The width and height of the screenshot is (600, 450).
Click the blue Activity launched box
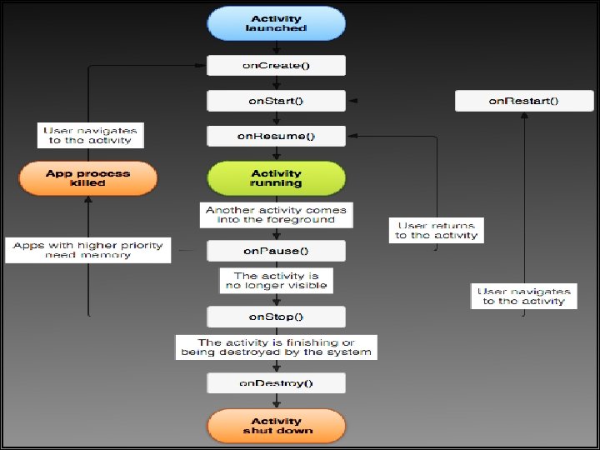point(276,23)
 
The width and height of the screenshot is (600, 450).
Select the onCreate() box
point(276,66)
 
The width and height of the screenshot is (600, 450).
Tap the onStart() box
point(276,101)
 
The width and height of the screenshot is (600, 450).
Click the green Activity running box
point(276,178)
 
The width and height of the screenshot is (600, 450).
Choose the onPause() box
point(276,250)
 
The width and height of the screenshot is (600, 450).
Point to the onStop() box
point(276,317)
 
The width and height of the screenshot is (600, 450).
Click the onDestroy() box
point(276,382)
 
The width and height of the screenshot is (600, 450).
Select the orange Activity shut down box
point(276,426)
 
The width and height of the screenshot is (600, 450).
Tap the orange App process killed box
point(87,178)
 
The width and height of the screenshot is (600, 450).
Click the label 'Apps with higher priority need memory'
point(88,250)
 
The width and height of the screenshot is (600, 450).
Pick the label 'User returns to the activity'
point(437,230)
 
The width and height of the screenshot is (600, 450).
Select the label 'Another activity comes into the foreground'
point(276,215)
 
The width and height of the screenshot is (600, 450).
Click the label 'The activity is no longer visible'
point(276,280)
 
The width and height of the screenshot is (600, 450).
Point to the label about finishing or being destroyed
point(276,347)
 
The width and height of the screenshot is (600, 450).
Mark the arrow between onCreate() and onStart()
point(276,83)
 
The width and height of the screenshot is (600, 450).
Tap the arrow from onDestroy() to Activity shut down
point(276,401)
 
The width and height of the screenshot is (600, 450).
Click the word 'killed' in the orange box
point(87,183)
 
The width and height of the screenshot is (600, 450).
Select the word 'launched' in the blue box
point(276,28)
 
